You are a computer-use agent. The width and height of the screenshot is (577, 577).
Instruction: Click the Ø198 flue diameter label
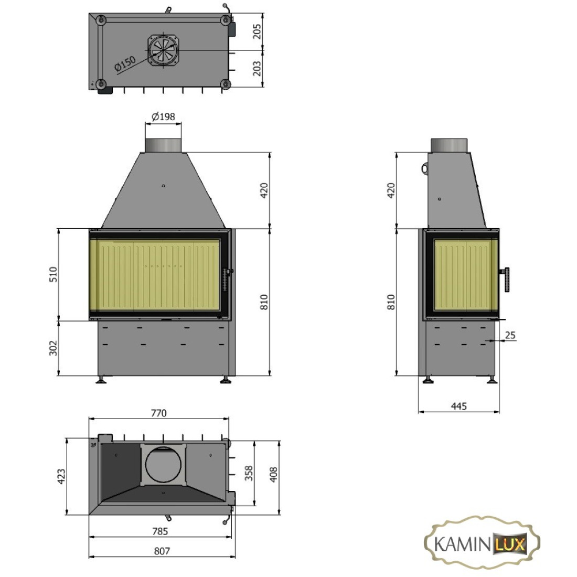[x=163, y=116]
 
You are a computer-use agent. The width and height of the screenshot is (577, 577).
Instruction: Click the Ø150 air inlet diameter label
[x=125, y=63]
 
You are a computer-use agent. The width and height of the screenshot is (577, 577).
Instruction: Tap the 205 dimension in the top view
[x=257, y=31]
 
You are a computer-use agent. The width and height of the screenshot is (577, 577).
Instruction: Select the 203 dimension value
[x=257, y=68]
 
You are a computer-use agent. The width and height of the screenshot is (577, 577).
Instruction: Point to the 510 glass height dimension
[x=54, y=274]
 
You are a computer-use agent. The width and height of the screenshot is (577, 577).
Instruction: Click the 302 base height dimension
[x=54, y=348]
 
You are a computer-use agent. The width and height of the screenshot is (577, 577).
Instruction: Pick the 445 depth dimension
[x=459, y=406]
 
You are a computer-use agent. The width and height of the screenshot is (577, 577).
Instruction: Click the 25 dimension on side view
[x=510, y=335]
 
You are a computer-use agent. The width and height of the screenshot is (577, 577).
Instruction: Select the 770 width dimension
[x=158, y=413]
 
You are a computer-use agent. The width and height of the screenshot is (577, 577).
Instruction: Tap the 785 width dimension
[x=160, y=531]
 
